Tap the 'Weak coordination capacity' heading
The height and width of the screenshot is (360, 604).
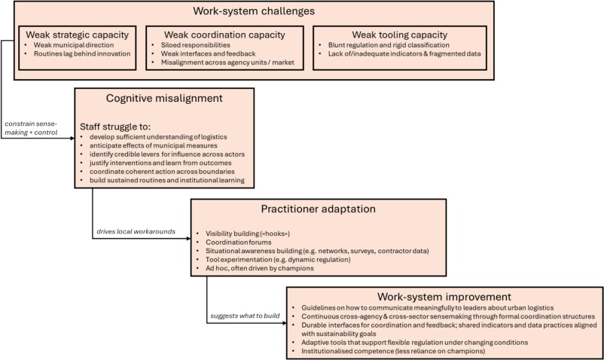(225, 34)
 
